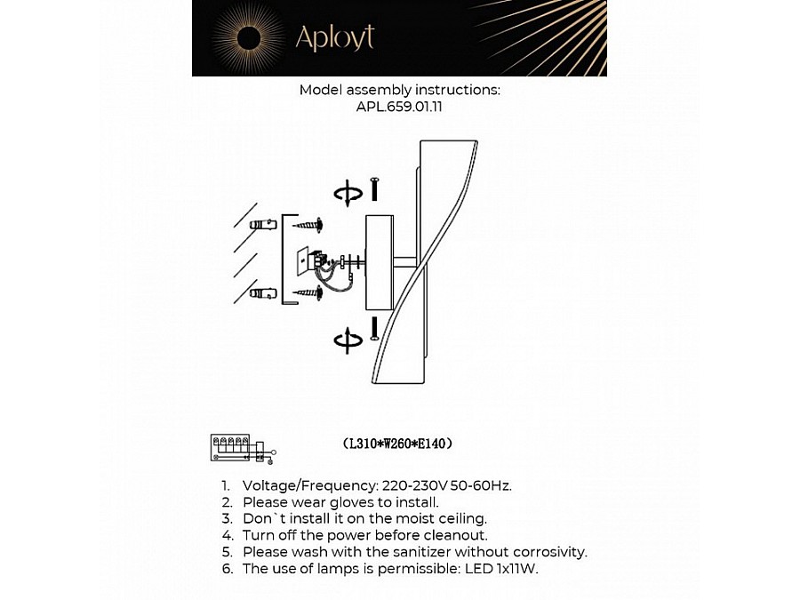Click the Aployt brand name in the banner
click(x=334, y=38)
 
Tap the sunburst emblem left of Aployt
click(x=248, y=37)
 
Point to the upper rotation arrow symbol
click(x=348, y=193)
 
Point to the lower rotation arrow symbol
click(x=348, y=339)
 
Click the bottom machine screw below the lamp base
click(x=375, y=326)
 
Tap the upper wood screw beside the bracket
click(x=307, y=226)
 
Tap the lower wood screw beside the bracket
click(x=307, y=292)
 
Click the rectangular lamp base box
click(x=380, y=262)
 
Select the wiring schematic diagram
click(x=239, y=448)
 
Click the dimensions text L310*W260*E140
click(x=398, y=443)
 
